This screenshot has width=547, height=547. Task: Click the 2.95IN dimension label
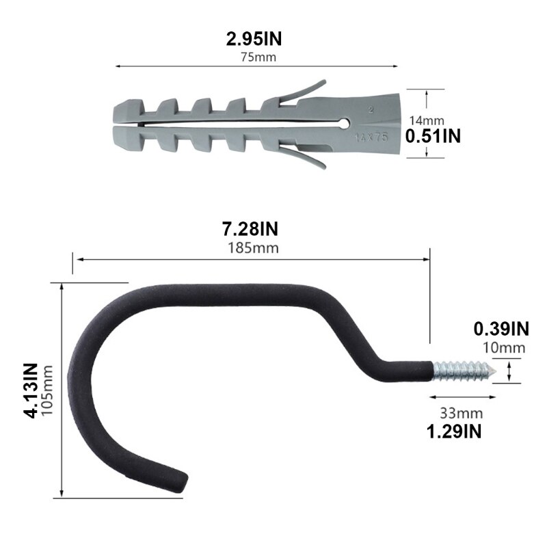tap(254, 40)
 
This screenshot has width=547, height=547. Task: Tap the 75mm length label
tap(258, 56)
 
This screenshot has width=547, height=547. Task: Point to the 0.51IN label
tap(433, 135)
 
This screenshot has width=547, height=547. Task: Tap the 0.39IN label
tap(501, 329)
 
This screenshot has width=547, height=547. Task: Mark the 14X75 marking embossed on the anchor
tap(372, 136)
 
